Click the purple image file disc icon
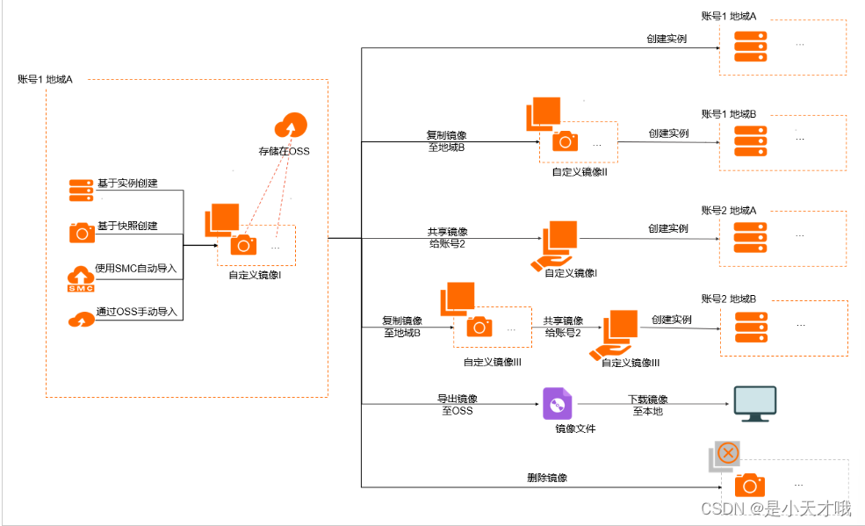tap(556, 403)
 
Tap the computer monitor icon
tap(754, 403)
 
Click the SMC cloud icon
tap(81, 279)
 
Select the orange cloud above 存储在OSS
tap(292, 126)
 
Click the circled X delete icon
tap(727, 453)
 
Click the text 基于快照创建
tap(126, 227)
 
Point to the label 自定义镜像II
tap(580, 172)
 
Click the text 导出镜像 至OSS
tap(457, 404)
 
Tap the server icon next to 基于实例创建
tap(82, 190)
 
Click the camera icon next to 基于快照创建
tap(82, 232)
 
